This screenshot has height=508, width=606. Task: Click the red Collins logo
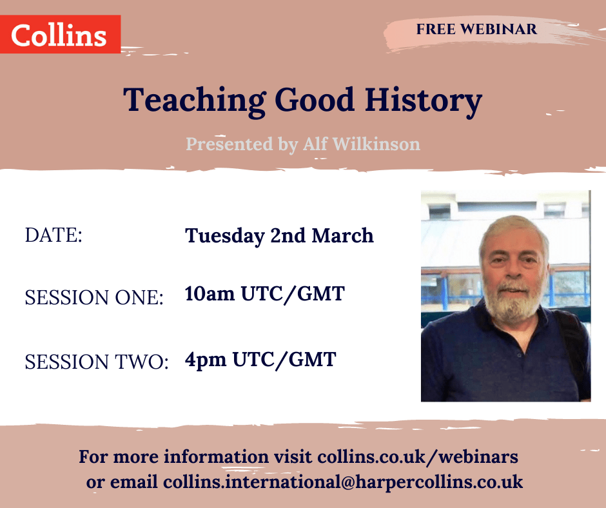(61, 34)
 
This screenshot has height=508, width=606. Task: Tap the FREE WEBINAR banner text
(476, 29)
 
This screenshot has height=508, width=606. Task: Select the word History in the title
(424, 101)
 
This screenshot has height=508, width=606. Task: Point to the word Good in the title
(315, 100)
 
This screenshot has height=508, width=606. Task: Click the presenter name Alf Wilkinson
(362, 144)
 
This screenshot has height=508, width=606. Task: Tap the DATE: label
(54, 235)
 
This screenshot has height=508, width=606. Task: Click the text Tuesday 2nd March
(279, 235)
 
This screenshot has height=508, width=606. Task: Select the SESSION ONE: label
(94, 297)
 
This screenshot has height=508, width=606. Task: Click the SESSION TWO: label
(97, 362)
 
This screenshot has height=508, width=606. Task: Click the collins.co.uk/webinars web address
(417, 456)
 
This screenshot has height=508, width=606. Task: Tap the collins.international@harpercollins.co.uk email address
(343, 482)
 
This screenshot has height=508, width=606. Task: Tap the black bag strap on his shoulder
(572, 340)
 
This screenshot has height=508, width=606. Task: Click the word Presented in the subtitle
(230, 144)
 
